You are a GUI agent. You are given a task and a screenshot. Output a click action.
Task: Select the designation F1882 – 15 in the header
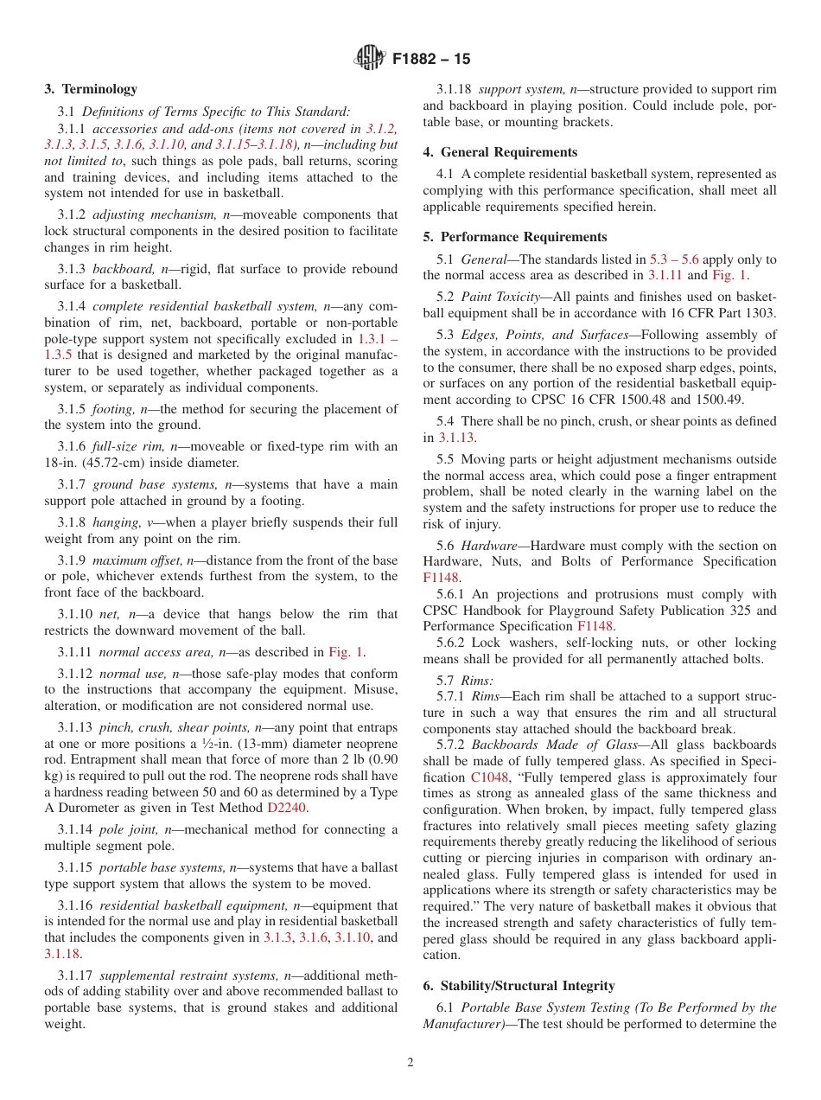(431, 60)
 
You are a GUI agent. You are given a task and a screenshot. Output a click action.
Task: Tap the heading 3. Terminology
(91, 89)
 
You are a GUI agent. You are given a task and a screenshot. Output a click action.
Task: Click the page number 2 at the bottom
(410, 1063)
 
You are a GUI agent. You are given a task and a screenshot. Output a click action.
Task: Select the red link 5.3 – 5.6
(674, 259)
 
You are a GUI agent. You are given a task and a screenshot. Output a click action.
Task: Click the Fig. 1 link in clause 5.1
(730, 275)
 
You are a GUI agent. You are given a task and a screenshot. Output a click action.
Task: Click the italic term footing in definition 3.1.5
(112, 409)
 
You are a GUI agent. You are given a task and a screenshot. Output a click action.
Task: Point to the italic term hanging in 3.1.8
(115, 523)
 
